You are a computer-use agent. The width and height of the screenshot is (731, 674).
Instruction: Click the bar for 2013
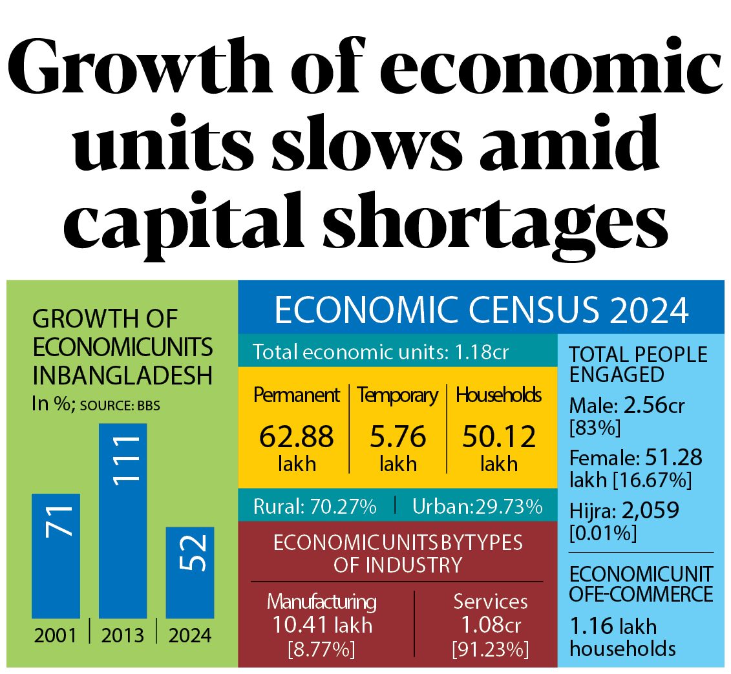123,520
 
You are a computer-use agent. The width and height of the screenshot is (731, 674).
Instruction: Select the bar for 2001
56,556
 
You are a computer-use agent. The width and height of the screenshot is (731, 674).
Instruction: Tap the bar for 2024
190,572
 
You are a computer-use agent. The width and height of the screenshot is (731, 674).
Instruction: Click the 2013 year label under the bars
123,636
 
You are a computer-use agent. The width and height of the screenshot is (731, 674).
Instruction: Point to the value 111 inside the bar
123,459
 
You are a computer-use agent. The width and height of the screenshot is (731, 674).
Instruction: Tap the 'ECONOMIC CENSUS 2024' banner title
482,311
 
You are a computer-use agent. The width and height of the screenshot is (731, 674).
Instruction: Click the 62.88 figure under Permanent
297,437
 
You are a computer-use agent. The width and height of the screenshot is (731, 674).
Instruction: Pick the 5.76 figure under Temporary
397,437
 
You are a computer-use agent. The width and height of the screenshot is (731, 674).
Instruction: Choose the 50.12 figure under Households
499,437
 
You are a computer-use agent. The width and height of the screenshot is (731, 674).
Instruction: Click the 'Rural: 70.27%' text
315,507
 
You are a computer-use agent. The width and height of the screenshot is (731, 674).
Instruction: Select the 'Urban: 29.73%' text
477,507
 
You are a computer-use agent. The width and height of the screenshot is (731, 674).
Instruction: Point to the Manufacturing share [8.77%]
321,649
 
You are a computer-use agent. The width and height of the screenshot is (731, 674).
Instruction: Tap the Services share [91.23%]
490,649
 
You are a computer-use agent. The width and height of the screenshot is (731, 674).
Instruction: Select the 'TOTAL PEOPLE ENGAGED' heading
638,364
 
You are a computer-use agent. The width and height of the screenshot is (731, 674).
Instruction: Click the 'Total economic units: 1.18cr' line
381,352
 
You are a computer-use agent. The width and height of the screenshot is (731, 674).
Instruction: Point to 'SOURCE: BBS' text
120,406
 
